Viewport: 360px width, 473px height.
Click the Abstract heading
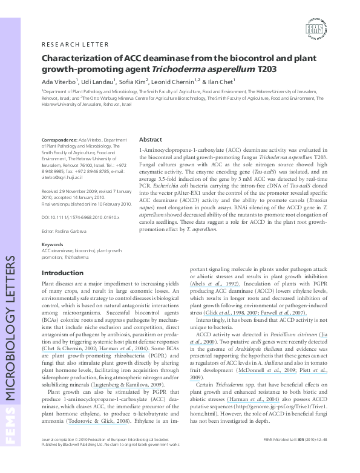(x=151, y=139)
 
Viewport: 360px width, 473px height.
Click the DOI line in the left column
(x=80, y=216)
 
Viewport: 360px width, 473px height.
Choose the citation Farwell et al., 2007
(x=289, y=313)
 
